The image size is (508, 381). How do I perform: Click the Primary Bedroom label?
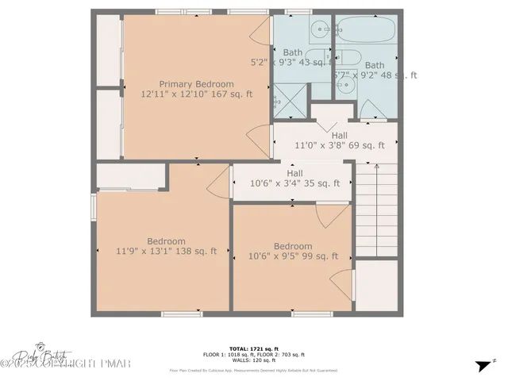coord(196,84)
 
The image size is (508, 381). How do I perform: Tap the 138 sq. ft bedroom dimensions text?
coord(166,252)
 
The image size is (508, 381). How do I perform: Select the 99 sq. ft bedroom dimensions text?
coord(293,256)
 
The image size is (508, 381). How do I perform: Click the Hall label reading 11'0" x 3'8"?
coord(339,145)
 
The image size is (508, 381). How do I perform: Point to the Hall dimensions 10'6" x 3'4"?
coord(294,183)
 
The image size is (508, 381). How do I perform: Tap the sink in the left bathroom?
coord(320,30)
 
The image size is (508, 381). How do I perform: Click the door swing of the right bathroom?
coord(368,110)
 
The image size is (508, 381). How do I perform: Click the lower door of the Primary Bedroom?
coord(259,141)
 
